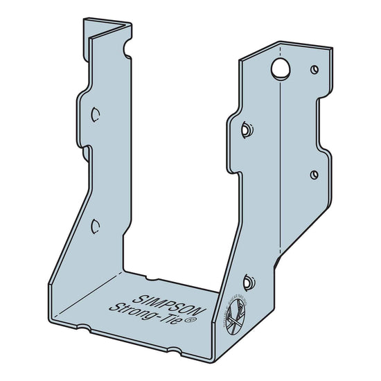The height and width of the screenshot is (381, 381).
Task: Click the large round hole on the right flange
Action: (281, 68)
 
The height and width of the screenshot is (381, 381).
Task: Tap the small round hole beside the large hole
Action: (314, 69)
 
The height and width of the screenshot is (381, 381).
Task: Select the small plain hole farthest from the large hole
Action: (314, 174)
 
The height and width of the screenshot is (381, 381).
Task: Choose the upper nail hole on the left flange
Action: (96, 113)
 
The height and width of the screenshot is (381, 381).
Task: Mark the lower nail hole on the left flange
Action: (95, 224)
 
